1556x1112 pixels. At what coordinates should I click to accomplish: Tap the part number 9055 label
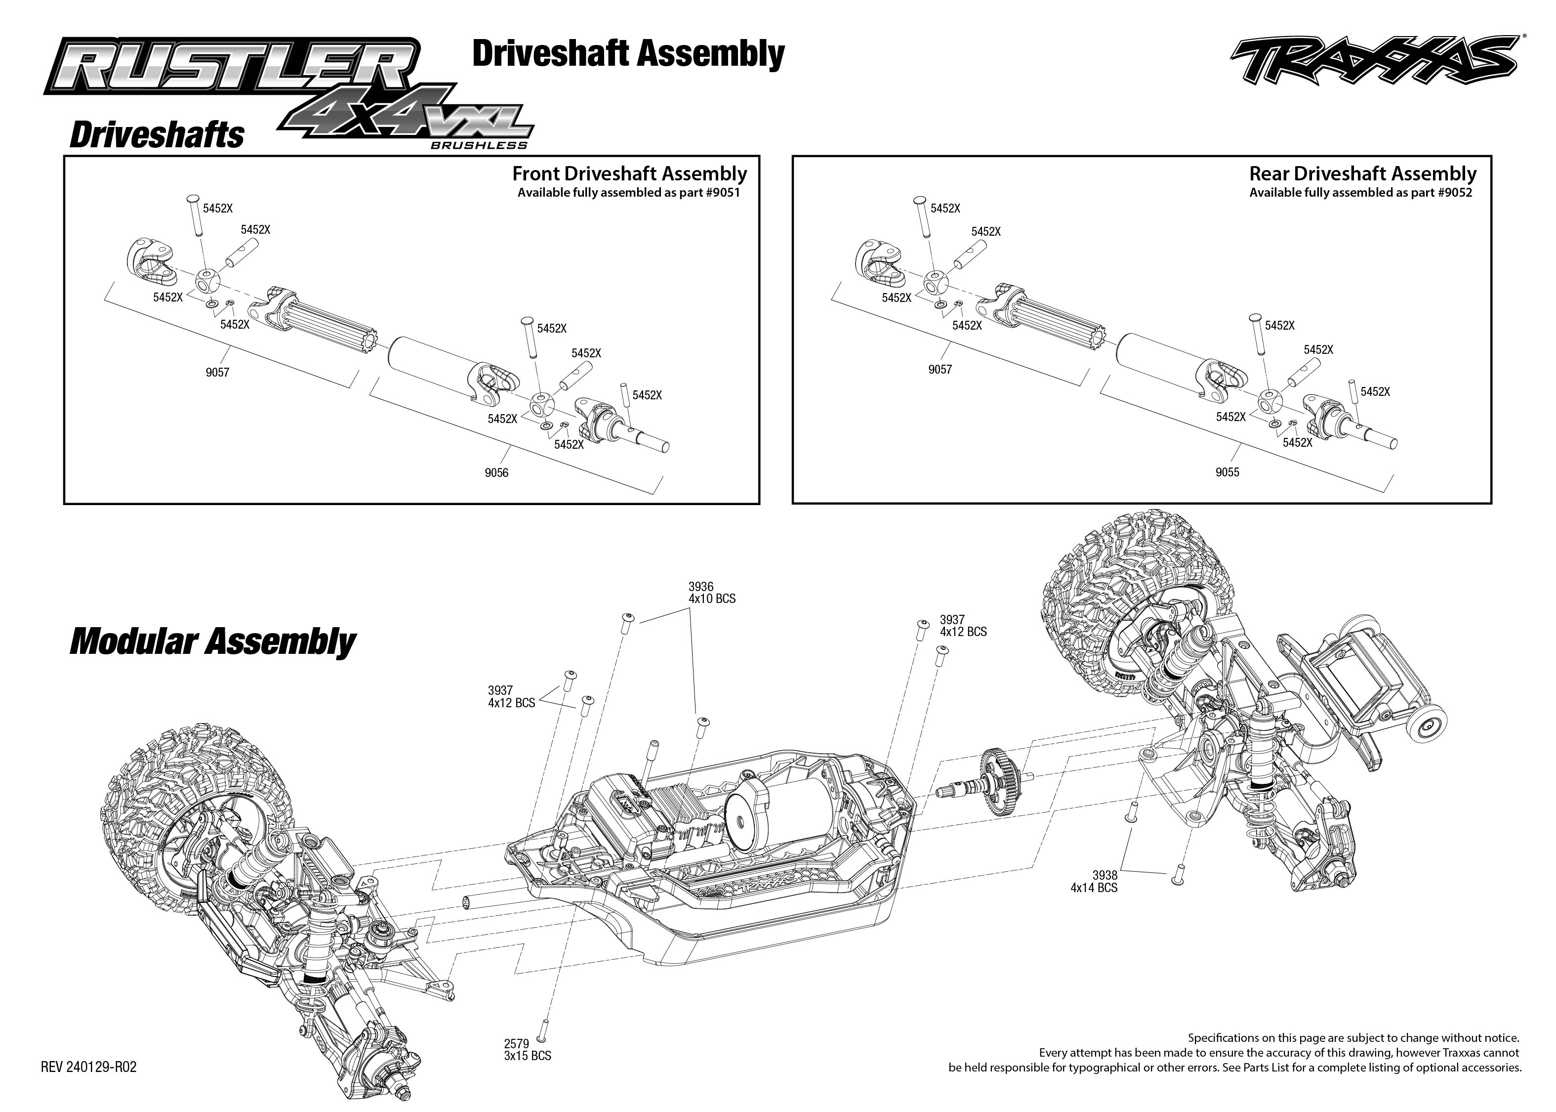1227,472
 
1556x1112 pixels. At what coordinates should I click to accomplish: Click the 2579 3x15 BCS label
527,1050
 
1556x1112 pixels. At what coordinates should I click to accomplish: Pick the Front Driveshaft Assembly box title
629,173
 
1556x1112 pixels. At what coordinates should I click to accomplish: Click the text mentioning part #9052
1360,192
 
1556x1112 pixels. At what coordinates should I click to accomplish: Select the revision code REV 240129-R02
88,1068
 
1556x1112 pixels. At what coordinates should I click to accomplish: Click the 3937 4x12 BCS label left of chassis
511,697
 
